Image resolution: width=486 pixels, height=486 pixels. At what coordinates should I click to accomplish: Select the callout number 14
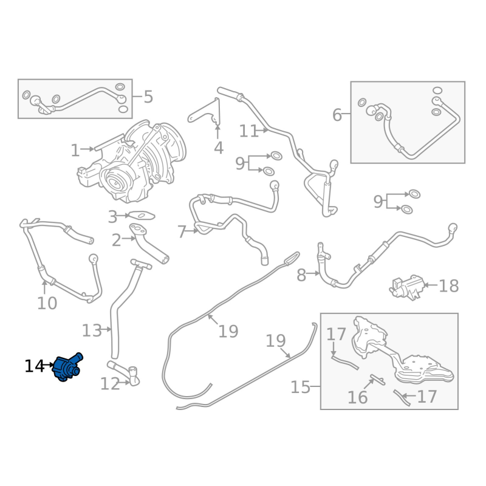point(35,366)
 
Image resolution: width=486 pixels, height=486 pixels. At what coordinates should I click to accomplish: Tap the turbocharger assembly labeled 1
point(137,161)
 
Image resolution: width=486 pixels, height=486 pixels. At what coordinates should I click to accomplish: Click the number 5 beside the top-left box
point(148,97)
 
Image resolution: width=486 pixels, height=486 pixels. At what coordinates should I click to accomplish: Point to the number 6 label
point(337,115)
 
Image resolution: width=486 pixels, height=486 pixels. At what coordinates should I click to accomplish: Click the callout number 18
point(448,286)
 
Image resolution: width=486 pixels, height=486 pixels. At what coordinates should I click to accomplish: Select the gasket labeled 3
point(142,215)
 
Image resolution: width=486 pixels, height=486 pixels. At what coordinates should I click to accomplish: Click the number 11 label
point(248,131)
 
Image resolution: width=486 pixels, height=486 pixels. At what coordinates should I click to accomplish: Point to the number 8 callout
point(301,275)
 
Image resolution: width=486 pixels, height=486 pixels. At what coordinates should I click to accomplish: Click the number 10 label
point(47,303)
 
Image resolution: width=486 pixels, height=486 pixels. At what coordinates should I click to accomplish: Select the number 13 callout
point(92,331)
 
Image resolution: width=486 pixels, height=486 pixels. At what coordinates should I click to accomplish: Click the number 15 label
point(300,387)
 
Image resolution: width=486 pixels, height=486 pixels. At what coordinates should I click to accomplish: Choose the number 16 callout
point(357,397)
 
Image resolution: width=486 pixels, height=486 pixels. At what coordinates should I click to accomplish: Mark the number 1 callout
point(75,151)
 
